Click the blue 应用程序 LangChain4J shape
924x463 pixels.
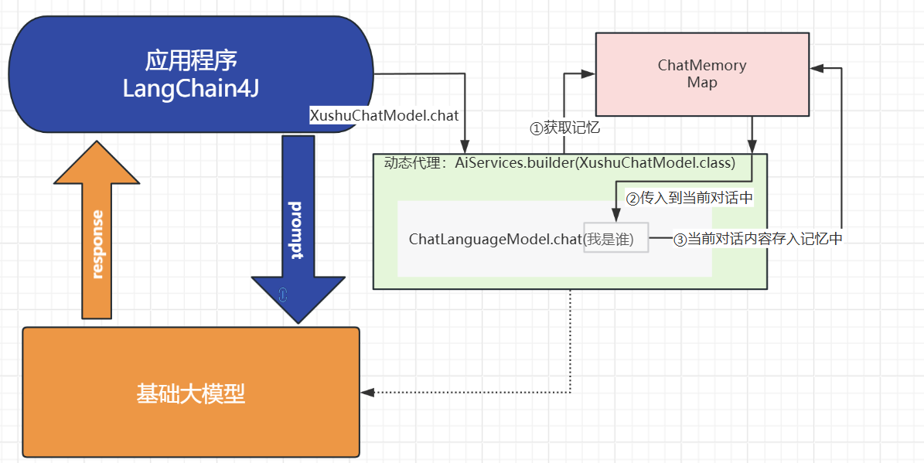click(x=191, y=73)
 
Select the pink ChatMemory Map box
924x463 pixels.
click(x=702, y=74)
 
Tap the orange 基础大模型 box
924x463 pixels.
click(x=191, y=393)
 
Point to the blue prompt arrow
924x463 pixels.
click(x=298, y=229)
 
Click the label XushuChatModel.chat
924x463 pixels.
click(x=384, y=115)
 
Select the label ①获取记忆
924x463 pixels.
click(x=565, y=128)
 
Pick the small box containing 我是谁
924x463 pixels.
click(x=615, y=237)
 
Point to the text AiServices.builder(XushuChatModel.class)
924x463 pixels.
click(x=595, y=163)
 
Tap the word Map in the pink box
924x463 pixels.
click(x=702, y=83)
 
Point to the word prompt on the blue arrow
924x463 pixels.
click(x=296, y=230)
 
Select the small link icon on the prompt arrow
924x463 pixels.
click(x=282, y=294)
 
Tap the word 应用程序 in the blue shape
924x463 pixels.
click(x=192, y=60)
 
